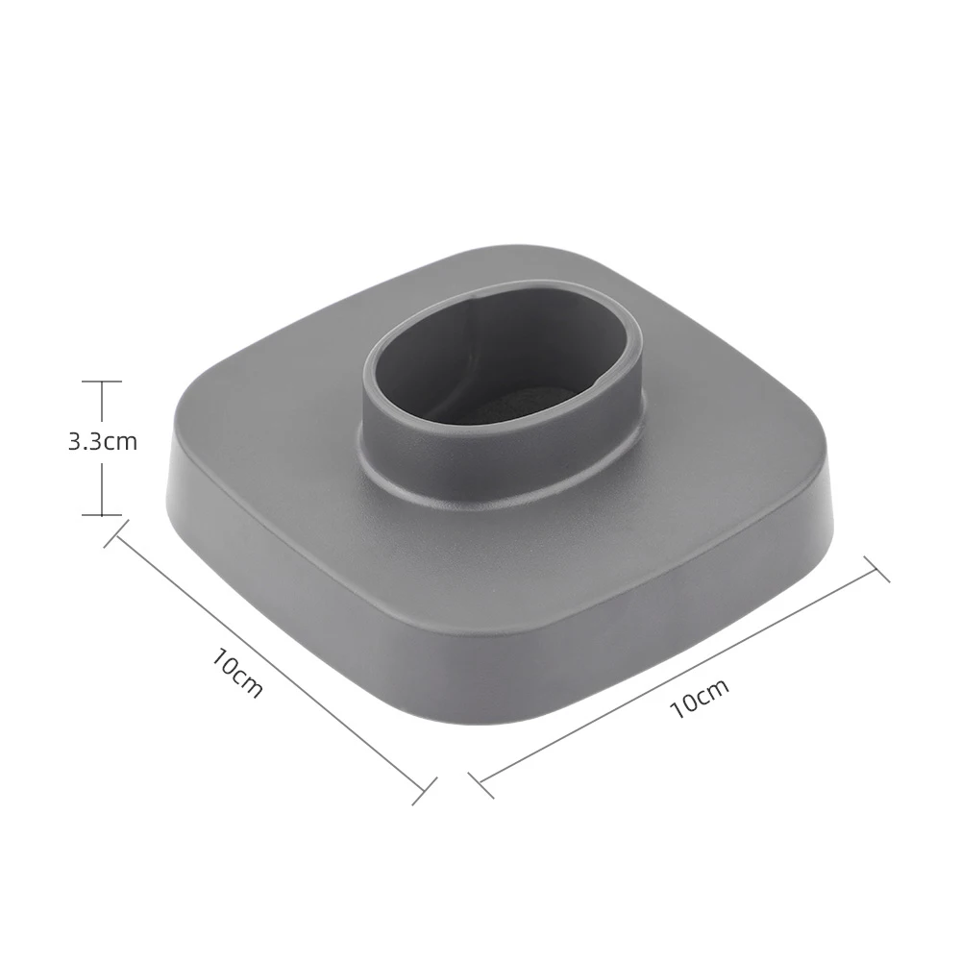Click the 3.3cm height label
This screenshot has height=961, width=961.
point(102,442)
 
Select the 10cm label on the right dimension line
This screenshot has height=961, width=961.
point(700,698)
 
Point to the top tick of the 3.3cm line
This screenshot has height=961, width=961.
point(102,382)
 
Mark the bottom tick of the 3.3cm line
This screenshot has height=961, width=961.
point(102,515)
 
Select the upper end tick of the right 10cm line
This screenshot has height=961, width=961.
point(876,569)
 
